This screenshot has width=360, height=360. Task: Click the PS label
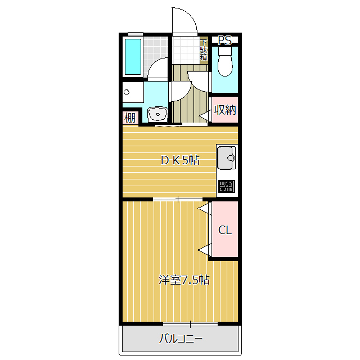pos(225,40)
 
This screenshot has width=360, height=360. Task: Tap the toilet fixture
pos(225,61)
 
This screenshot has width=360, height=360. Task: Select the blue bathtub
pos(133,57)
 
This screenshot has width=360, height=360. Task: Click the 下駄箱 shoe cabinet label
pos(204,50)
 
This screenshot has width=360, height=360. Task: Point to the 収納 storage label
pos(225,110)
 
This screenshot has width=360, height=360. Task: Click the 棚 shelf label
pos(130,118)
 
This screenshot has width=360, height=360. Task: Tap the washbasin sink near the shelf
pos(157,114)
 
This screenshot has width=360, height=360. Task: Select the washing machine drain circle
pos(127,92)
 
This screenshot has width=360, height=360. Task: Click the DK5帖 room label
pos(180,160)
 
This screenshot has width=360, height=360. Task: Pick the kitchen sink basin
pos(226,157)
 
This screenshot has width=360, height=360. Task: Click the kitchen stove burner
pos(227,186)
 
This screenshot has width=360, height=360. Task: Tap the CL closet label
pos(225,230)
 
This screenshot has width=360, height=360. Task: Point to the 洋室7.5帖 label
pos(184,280)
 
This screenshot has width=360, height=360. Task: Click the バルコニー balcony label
pos(181,339)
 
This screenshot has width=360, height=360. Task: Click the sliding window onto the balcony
pos(190,324)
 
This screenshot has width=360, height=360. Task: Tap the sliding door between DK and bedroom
pos(178,199)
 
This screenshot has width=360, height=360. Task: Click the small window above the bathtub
pos(136,34)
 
